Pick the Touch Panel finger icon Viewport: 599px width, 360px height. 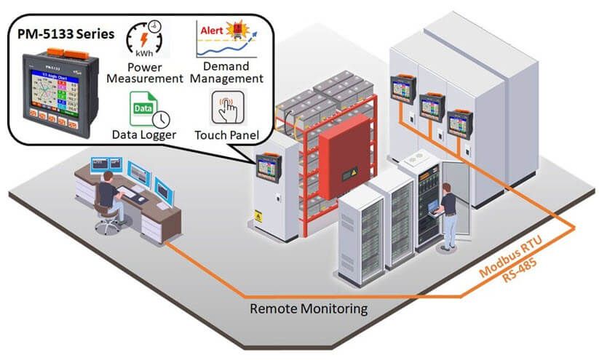(x=226, y=109)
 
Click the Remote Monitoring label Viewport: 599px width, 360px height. (x=309, y=309)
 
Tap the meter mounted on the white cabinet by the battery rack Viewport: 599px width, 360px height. (x=268, y=167)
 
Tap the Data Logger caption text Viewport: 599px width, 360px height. (x=143, y=135)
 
